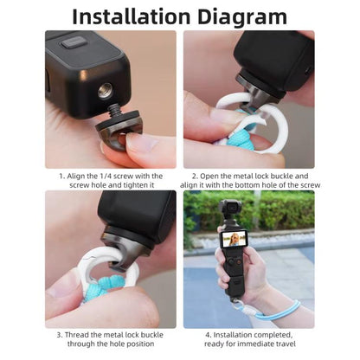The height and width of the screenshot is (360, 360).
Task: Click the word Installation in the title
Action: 132,16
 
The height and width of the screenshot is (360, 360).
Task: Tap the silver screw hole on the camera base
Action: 105,90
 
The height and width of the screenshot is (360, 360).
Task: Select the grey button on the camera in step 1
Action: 74,44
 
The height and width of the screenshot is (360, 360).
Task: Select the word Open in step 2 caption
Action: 209,176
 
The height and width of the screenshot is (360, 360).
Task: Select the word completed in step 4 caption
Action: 273,335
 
